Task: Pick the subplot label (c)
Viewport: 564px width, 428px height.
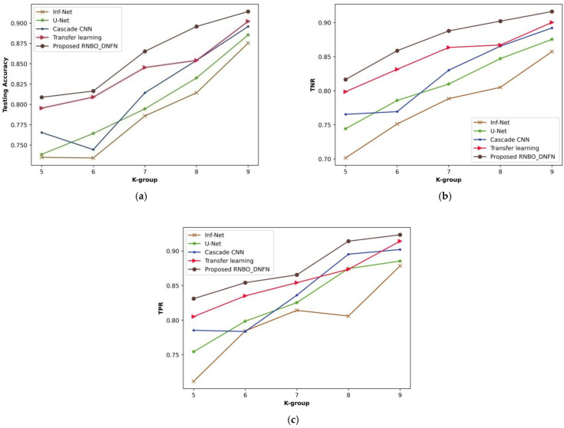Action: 293,419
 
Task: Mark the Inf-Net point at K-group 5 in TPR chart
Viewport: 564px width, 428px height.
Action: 193,381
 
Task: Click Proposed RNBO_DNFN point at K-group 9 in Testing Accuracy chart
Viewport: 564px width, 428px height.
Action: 248,12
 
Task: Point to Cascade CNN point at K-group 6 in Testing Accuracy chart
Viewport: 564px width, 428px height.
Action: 93,150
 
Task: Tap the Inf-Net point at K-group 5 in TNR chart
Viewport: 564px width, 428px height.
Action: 345,158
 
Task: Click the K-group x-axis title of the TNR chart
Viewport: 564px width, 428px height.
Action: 448,179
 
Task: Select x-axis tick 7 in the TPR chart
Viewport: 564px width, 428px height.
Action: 296,393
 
